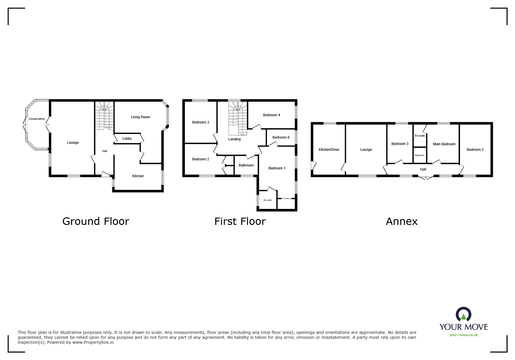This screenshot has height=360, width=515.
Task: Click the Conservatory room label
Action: coord(37,119)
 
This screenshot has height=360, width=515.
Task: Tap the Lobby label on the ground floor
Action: coord(127,139)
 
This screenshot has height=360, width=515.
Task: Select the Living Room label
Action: coord(140,117)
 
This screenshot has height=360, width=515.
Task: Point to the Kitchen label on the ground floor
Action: coord(138,176)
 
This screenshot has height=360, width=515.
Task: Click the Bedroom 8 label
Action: coord(281,137)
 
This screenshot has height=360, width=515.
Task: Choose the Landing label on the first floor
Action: coord(234,139)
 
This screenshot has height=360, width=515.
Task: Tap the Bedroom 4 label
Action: coord(272,115)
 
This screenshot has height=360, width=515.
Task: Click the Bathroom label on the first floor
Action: coord(246,165)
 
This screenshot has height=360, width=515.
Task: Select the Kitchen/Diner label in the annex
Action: coord(329,150)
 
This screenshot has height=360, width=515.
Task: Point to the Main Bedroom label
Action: coord(444,144)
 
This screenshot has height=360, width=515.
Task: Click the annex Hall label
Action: coord(423,169)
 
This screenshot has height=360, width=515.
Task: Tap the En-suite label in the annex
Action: coord(420,136)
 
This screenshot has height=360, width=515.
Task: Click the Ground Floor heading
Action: coord(96,221)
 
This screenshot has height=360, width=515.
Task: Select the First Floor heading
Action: coord(240,221)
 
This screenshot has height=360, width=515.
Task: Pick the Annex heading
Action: coord(402,222)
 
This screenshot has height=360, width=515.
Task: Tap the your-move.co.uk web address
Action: coord(464,335)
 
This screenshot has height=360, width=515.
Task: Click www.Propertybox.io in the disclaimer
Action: coord(93,342)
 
